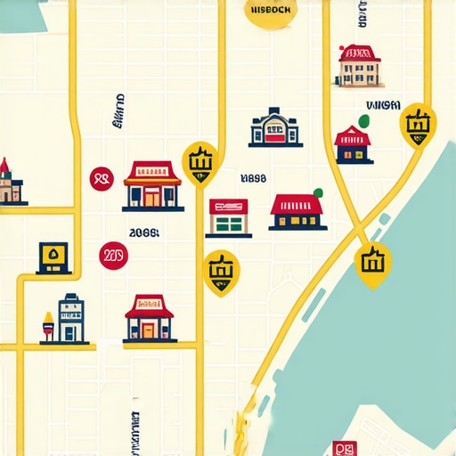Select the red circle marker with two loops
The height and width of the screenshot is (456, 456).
click(102, 179)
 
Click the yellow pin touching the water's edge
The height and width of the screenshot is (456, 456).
click(372, 263)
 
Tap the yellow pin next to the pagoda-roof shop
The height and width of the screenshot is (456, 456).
click(199, 162)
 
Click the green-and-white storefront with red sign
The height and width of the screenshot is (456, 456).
click(229, 217)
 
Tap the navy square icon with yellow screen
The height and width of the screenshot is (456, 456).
click(54, 256)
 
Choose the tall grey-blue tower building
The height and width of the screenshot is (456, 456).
click(71, 318)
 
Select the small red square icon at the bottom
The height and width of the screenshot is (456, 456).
click(342, 448)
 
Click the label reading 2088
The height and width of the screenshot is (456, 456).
click(144, 233)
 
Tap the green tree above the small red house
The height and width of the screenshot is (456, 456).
click(362, 121)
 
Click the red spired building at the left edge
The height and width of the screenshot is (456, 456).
click(7, 183)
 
